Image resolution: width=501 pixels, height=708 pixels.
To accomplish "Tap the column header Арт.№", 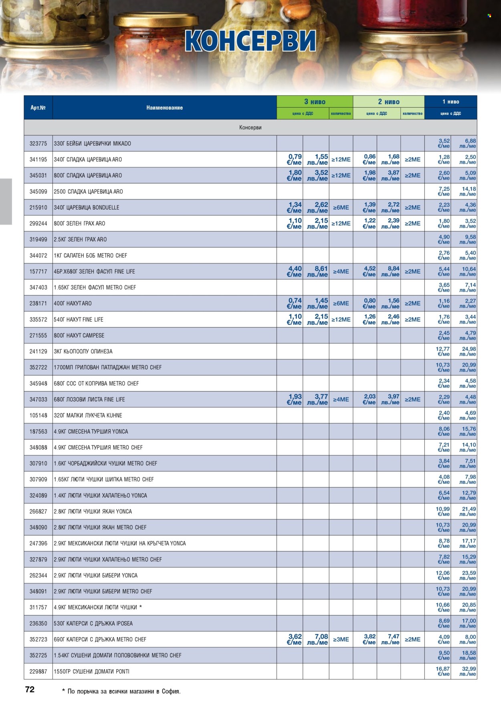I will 38,107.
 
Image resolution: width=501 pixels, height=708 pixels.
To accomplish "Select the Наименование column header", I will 164,107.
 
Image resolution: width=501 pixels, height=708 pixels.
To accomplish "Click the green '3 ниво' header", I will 315,102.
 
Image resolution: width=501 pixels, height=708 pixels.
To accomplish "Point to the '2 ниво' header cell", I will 388,102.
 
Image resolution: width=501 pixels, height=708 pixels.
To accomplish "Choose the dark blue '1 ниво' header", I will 450,102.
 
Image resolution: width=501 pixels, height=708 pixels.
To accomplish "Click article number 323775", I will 38,143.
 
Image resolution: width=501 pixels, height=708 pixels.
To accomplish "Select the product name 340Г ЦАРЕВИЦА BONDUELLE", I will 86,207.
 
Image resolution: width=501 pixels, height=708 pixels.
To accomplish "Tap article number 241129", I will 38,351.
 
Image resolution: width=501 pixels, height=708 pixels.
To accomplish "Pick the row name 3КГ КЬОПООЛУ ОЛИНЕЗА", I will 83,351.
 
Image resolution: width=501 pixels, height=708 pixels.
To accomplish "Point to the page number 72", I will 30,689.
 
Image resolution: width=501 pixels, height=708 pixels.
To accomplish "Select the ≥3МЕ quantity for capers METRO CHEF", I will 341,640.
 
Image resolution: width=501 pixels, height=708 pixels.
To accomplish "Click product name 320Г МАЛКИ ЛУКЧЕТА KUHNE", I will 88,415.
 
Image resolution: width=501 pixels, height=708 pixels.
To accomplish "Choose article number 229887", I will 38,671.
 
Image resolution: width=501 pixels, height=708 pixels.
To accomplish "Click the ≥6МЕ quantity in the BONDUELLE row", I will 341,207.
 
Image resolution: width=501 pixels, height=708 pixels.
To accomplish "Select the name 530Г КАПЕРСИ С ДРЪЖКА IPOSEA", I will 93,623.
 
